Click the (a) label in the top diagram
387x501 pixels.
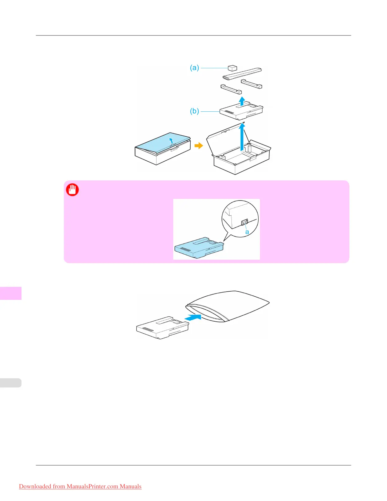pos(194,68)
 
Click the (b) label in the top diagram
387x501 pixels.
pos(194,111)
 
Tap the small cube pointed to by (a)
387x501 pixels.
pos(232,68)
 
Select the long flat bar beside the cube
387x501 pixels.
pos(243,73)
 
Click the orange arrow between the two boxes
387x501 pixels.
pos(199,145)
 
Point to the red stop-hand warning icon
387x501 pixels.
pos(72,190)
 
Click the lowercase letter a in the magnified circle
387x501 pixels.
pos(247,232)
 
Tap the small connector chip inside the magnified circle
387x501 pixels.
pos(244,223)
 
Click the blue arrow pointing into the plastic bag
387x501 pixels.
pos(193,317)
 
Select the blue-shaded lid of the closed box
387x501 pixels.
pos(163,142)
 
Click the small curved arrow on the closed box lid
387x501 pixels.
pos(171,140)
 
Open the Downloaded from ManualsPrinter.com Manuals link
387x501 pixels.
pos(80,486)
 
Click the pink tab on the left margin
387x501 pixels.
pos(11,293)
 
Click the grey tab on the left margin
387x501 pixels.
pos(11,383)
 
